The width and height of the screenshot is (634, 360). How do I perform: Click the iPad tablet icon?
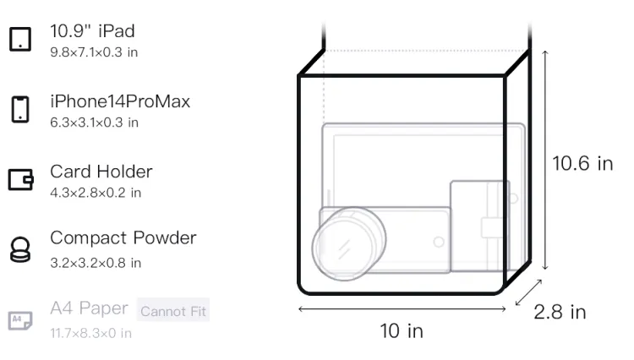click(x=20, y=39)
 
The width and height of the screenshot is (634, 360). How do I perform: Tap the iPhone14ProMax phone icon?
click(x=20, y=109)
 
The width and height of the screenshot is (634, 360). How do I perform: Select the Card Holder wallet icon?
click(x=20, y=179)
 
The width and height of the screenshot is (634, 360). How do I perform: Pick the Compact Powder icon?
click(x=20, y=249)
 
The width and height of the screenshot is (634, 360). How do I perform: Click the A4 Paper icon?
click(x=20, y=320)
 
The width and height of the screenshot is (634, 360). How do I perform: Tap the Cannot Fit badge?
click(x=173, y=310)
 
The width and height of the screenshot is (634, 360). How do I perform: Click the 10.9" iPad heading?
click(x=92, y=31)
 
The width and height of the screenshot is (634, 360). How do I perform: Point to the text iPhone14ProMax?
click(x=120, y=101)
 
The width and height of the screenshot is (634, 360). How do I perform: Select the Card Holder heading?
click(x=101, y=172)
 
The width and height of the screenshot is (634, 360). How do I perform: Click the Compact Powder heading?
click(x=123, y=238)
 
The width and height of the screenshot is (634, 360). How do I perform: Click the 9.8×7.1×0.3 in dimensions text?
click(x=94, y=52)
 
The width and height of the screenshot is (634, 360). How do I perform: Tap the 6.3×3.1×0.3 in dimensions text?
click(x=94, y=123)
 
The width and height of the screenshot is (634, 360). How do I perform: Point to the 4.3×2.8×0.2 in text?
click(x=96, y=193)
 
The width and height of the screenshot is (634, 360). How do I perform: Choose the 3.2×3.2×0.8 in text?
click(x=96, y=263)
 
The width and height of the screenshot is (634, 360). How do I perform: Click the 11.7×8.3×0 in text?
click(x=90, y=333)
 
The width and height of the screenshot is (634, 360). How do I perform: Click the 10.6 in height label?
click(x=582, y=164)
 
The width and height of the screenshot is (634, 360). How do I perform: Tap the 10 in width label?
click(x=402, y=331)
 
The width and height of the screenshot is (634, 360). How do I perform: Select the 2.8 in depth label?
click(x=560, y=312)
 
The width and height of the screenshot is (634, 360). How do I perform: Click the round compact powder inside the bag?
click(x=348, y=243)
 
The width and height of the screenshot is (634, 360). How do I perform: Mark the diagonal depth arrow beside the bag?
click(x=528, y=292)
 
